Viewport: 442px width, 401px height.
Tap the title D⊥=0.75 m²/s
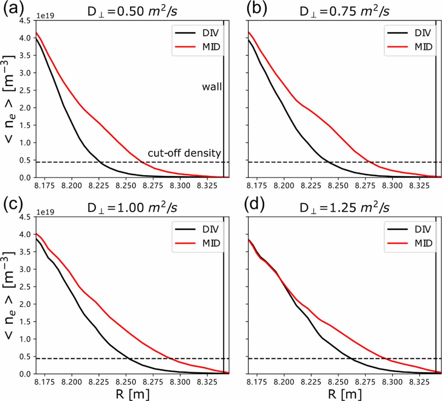344,12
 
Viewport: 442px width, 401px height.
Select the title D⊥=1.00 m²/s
132,208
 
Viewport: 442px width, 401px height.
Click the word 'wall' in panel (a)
212,87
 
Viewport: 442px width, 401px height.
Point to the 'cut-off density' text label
184,153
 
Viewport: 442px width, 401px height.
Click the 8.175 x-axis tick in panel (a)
44,186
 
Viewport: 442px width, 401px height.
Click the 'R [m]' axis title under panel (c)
132,394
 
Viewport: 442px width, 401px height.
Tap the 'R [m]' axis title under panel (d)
344,394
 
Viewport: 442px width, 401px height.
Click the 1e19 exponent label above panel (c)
45,212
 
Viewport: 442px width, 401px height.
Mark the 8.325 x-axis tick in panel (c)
207,382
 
